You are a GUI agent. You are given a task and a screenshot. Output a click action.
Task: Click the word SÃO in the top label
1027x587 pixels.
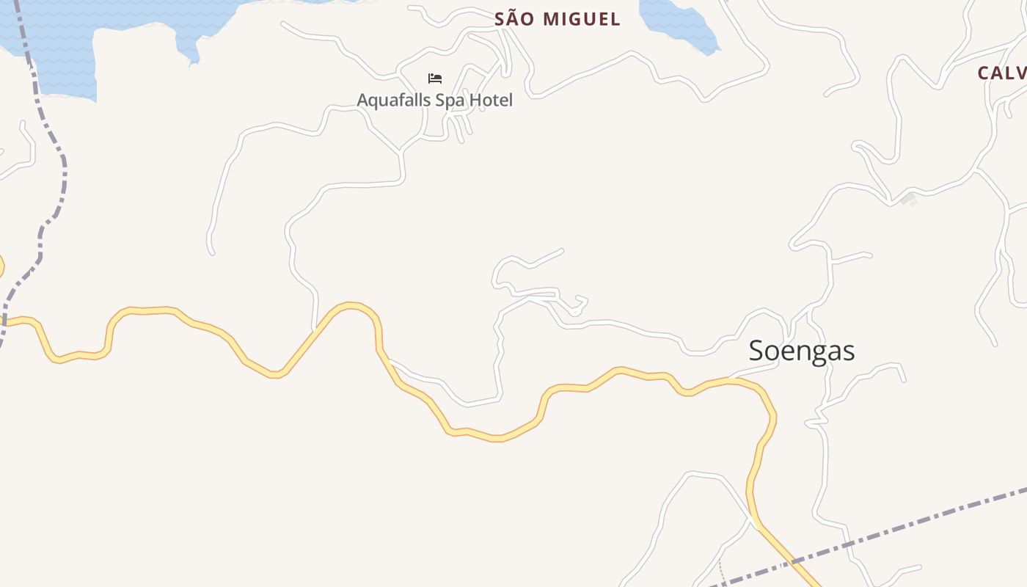point(513,19)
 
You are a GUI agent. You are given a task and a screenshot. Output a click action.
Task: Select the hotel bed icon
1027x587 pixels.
point(435,79)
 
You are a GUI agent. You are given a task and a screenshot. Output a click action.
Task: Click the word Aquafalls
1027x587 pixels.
point(394,100)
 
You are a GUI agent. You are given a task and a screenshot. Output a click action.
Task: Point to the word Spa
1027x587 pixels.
point(450,100)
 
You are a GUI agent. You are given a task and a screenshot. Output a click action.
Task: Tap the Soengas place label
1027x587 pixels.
point(802,351)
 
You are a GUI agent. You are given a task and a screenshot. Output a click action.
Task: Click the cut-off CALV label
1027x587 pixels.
point(1002,73)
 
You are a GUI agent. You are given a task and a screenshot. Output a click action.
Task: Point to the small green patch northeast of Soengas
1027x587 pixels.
point(908,199)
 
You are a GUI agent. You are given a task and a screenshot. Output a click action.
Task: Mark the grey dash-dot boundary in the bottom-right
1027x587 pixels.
point(917,525)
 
